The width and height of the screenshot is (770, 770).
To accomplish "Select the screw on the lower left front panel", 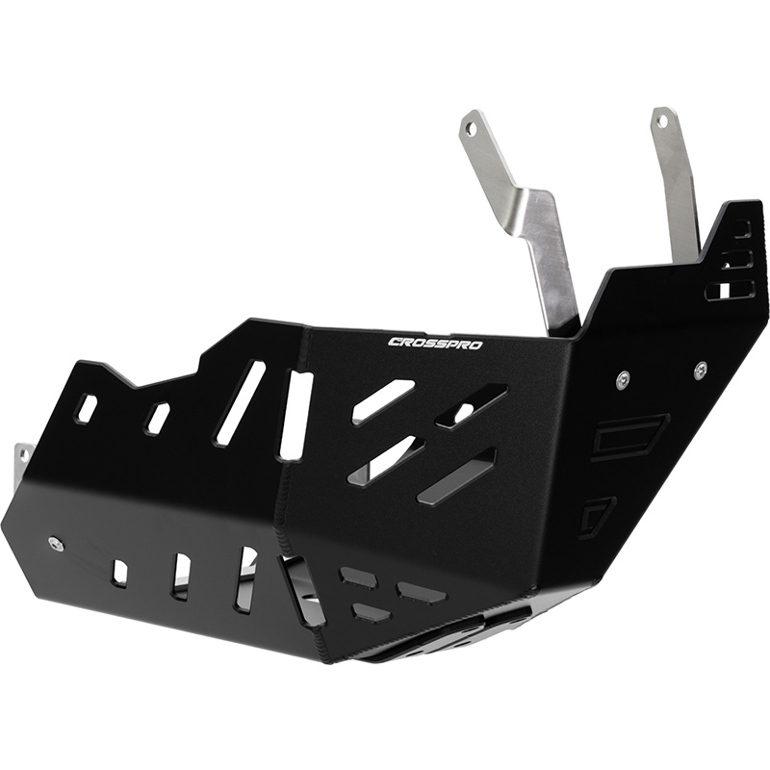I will point(57,544).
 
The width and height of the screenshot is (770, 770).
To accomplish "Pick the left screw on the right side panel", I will point(623,377).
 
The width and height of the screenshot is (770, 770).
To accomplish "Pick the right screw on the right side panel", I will point(700,368).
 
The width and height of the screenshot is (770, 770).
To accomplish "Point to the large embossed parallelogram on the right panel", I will point(629,436).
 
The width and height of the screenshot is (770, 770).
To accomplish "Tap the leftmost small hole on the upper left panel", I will point(87,408).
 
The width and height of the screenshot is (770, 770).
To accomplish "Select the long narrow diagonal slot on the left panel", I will point(241,402).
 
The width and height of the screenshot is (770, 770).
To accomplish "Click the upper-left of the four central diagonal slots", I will point(383,400).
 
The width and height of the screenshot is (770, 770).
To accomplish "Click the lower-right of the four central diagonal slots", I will point(456,475).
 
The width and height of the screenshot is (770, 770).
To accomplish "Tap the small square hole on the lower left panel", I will point(119,573).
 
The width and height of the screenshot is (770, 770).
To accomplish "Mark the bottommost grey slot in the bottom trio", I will point(372,612).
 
